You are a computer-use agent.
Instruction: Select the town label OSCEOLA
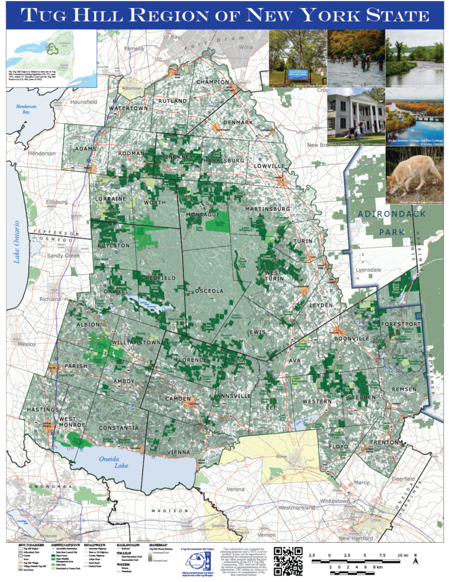tap(209, 291)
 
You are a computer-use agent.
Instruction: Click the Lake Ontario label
tap(18, 241)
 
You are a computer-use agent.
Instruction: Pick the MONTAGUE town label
tap(203, 215)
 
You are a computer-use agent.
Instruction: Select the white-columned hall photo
tap(355, 117)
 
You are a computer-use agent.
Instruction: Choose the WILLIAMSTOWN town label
tap(135, 341)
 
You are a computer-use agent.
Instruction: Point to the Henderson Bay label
tap(26, 108)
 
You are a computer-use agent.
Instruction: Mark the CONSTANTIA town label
tap(119, 428)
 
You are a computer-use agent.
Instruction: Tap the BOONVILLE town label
tap(352, 338)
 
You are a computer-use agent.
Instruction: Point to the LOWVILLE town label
tap(270, 166)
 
